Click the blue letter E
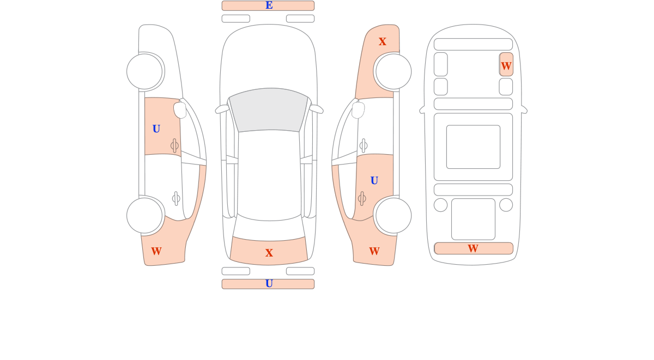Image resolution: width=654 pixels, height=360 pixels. click(269, 5)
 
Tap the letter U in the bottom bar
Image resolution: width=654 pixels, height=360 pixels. click(269, 283)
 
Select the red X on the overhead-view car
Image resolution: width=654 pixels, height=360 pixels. click(269, 253)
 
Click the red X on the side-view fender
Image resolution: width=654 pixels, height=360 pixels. click(382, 41)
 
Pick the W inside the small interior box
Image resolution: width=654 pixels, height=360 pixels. click(506, 66)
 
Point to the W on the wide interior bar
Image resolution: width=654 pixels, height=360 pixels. click(473, 248)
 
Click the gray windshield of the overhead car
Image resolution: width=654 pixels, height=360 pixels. click(269, 110)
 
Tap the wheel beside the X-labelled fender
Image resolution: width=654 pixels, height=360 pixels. click(393, 71)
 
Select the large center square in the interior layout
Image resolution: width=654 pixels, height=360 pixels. click(473, 147)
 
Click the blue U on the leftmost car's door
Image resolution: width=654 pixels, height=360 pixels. click(156, 129)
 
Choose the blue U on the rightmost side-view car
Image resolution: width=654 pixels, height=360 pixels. click(374, 181)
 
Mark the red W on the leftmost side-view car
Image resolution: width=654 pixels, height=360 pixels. click(156, 251)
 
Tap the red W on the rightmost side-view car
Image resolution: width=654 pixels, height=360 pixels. click(374, 251)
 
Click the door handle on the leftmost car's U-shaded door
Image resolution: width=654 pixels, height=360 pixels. click(174, 145)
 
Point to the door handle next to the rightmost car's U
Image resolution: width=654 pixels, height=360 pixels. click(362, 199)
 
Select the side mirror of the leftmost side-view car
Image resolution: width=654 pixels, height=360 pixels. click(180, 110)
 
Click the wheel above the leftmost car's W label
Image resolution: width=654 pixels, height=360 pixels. click(144, 216)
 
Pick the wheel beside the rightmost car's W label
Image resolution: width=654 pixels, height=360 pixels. click(393, 216)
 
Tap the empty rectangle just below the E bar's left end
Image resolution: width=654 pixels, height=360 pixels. click(236, 19)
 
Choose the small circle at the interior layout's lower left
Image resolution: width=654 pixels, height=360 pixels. click(440, 205)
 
